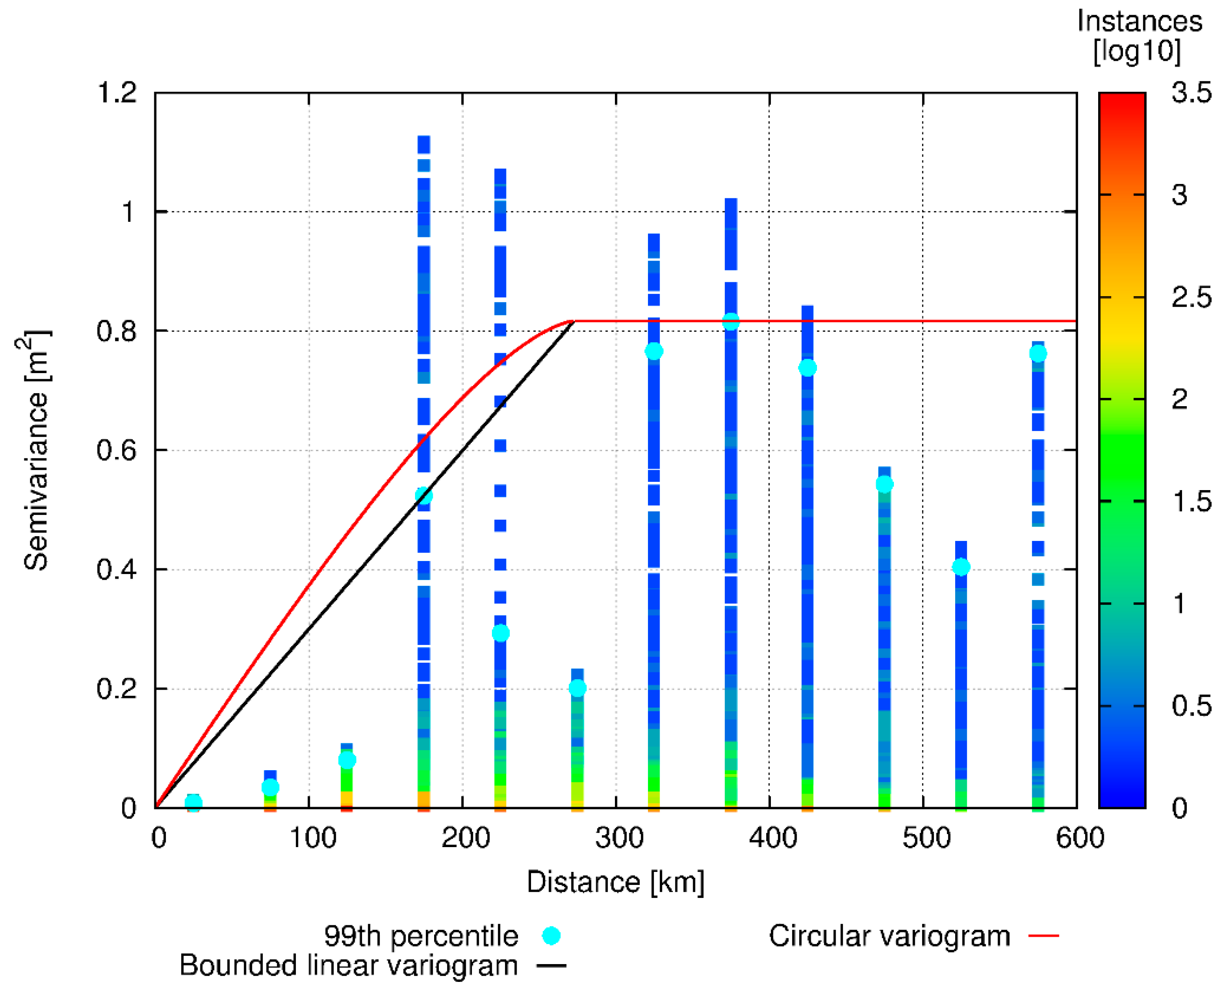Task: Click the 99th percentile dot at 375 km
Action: click(x=731, y=322)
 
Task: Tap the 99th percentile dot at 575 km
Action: click(x=1038, y=354)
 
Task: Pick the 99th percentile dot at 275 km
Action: click(x=578, y=688)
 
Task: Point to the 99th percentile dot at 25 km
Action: click(x=194, y=803)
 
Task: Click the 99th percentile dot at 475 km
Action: click(x=885, y=484)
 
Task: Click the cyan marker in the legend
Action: click(x=551, y=936)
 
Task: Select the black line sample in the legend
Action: click(x=551, y=966)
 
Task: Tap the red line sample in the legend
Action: click(x=1043, y=936)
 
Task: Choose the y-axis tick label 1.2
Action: click(x=117, y=93)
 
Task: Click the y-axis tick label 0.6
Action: click(x=117, y=450)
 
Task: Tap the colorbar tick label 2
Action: click(x=1179, y=399)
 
